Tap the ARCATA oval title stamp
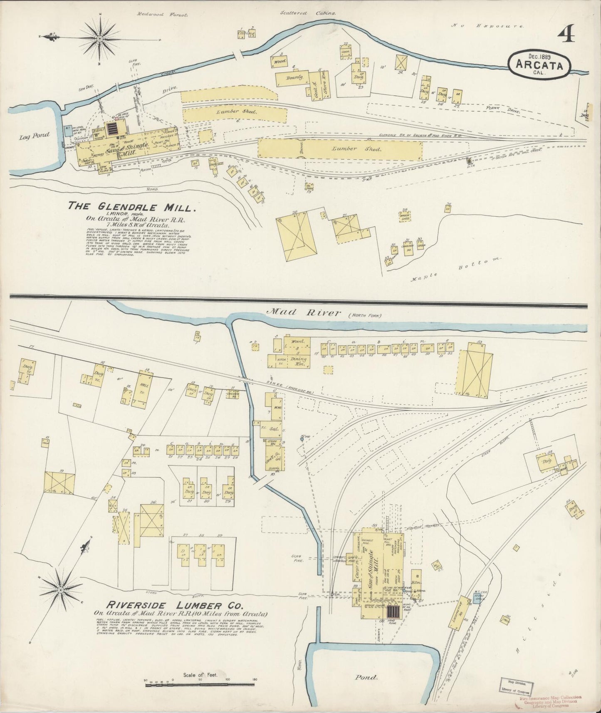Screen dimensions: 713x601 [539, 65]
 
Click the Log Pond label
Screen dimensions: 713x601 [34, 135]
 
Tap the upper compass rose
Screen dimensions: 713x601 [100, 39]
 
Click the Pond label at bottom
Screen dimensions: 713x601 [366, 677]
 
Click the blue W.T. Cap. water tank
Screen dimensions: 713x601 [477, 599]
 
